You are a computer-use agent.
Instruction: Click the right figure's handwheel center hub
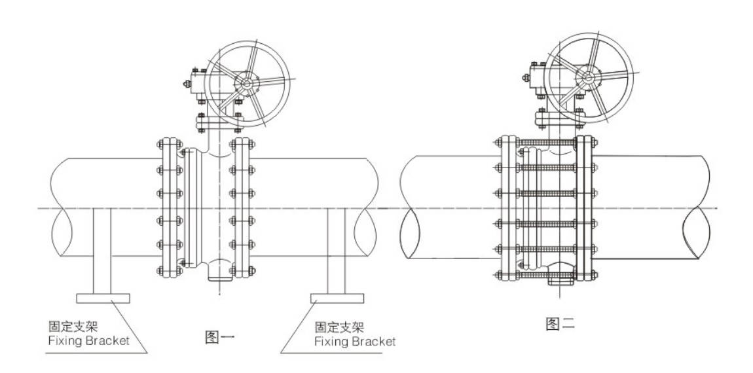(587, 79)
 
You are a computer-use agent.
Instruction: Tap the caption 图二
(560, 323)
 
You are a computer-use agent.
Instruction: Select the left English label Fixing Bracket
(88, 340)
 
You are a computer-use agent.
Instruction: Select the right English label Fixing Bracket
(355, 341)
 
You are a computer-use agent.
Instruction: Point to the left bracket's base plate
(103, 298)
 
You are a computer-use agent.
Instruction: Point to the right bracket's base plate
(337, 298)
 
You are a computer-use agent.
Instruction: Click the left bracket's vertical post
(102, 252)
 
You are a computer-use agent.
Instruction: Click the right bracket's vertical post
(337, 252)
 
